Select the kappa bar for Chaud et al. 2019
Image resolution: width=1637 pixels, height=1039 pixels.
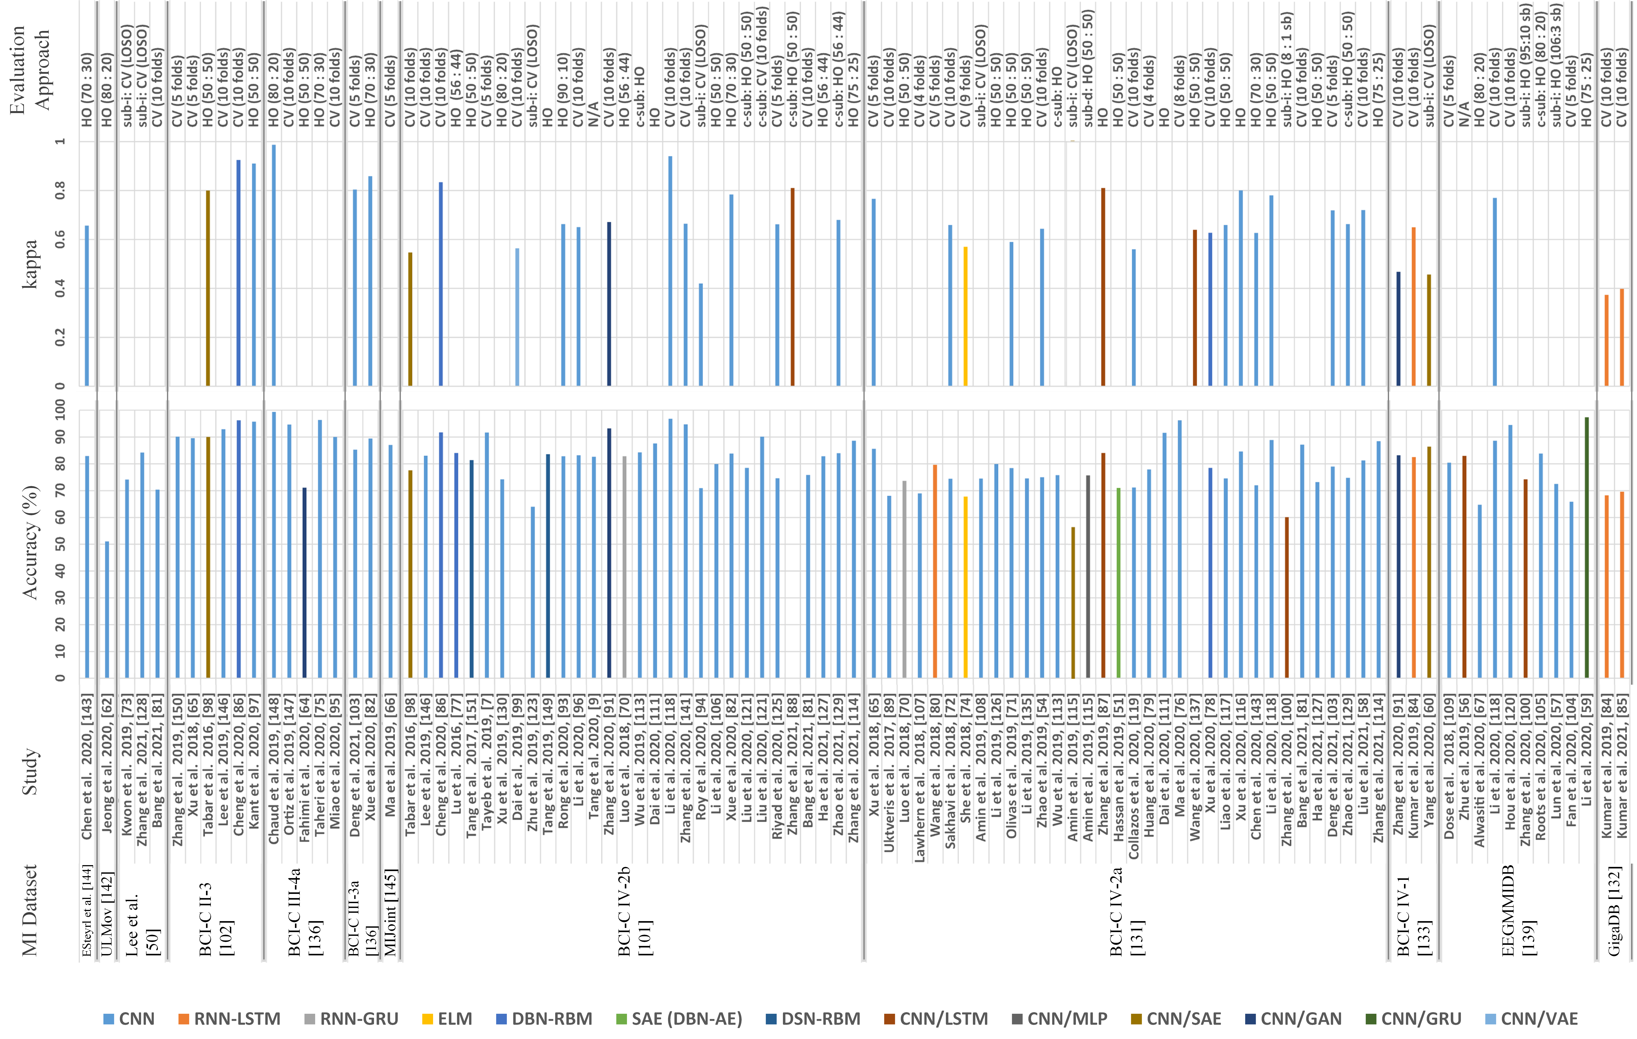point(274,265)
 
